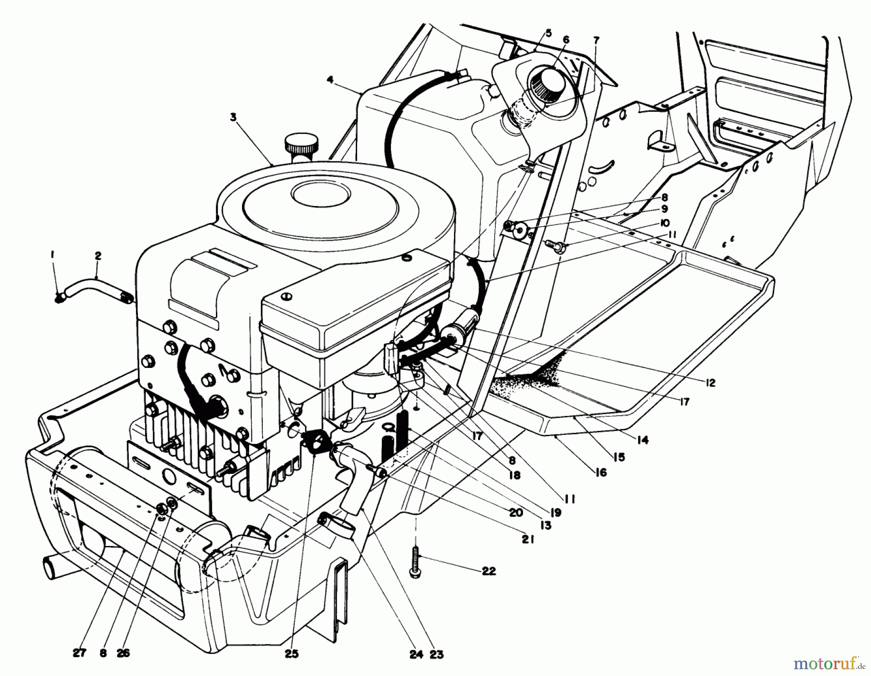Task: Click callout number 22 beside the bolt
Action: point(489,571)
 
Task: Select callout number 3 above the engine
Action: point(234,118)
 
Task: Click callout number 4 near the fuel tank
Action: point(330,80)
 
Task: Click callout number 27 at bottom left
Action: point(79,653)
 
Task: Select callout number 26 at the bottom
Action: point(123,653)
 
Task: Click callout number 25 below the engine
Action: point(292,654)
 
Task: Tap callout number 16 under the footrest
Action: point(601,472)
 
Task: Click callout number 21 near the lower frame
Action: point(528,539)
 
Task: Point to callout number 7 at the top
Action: point(596,41)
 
